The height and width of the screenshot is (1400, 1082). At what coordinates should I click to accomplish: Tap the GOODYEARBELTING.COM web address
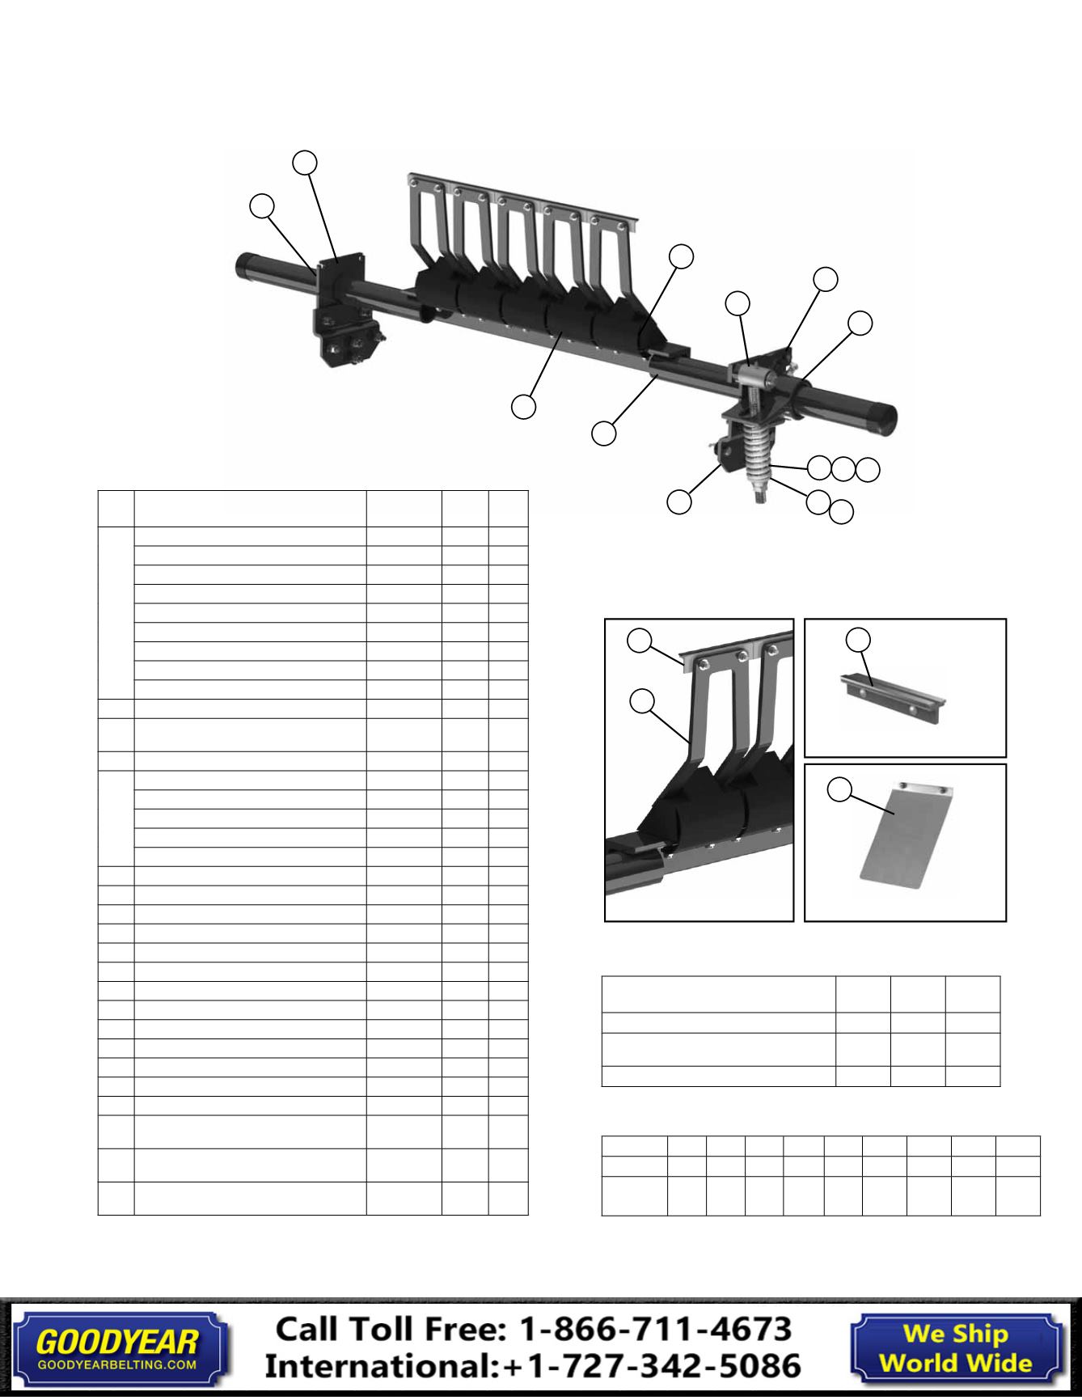pyautogui.click(x=117, y=1365)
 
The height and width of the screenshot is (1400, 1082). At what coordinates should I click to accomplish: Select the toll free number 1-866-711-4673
pyautogui.click(x=655, y=1329)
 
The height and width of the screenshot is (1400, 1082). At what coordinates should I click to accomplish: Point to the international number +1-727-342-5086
pyautogui.click(x=652, y=1366)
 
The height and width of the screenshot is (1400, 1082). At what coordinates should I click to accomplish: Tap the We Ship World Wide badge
pyautogui.click(x=956, y=1348)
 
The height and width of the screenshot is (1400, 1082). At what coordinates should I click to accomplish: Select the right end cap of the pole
pyautogui.click(x=882, y=412)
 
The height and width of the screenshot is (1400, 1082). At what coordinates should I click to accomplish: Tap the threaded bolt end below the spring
pyautogui.click(x=761, y=493)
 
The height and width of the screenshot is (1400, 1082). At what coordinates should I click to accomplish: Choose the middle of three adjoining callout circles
pyautogui.click(x=843, y=467)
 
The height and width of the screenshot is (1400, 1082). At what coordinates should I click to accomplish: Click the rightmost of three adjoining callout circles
pyautogui.click(x=868, y=469)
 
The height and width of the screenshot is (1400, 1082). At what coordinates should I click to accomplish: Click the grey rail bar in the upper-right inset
pyautogui.click(x=890, y=689)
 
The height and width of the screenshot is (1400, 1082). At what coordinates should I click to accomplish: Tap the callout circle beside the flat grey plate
pyautogui.click(x=840, y=789)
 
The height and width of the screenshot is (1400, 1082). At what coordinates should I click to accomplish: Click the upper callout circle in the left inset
pyautogui.click(x=640, y=641)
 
